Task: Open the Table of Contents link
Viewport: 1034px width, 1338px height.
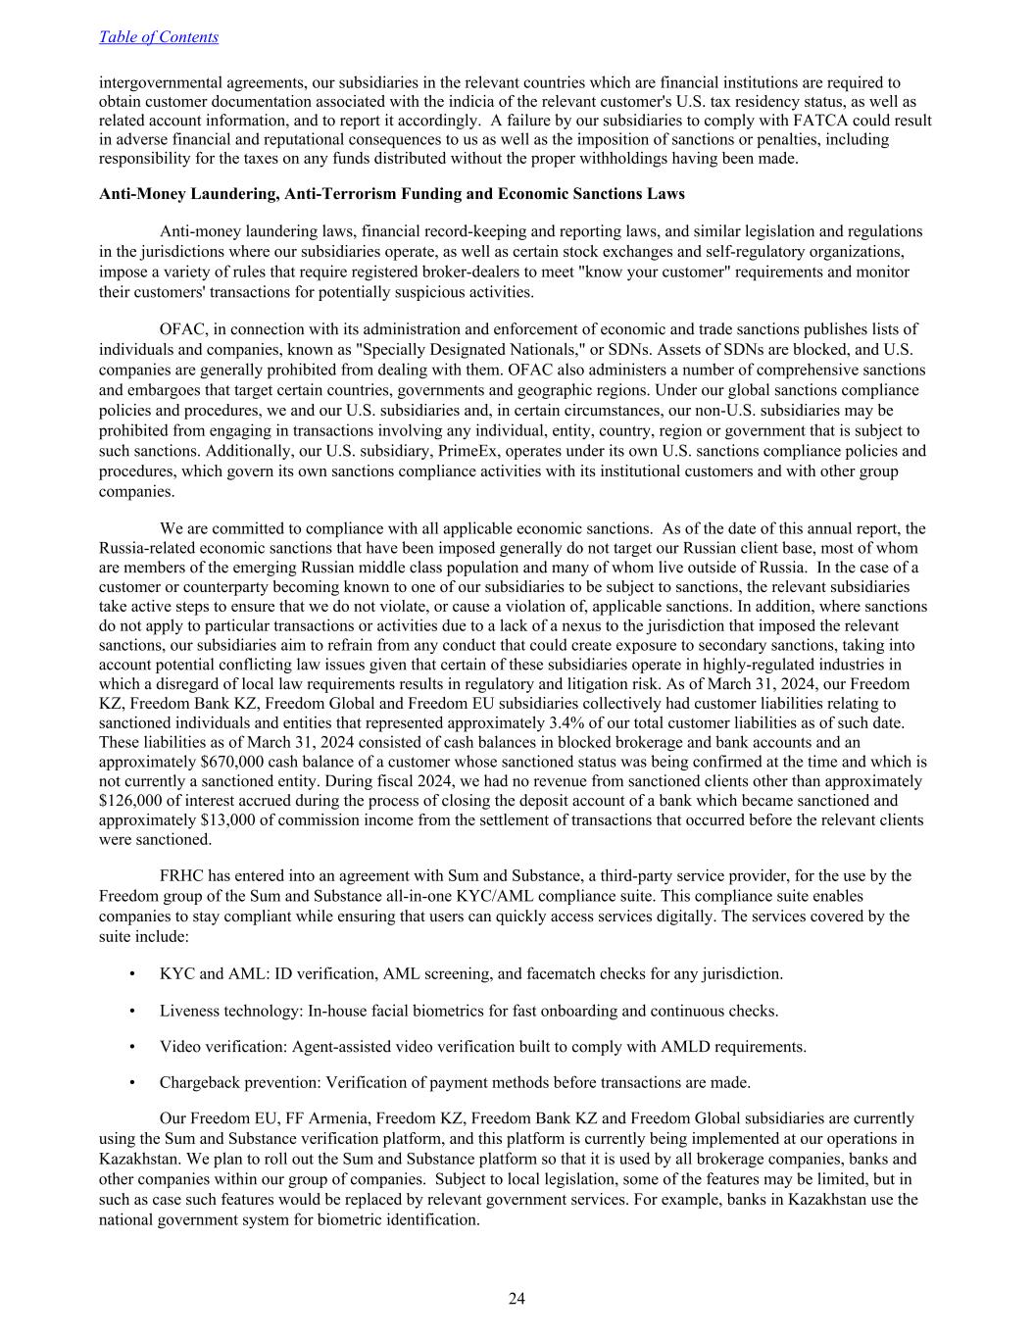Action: tap(158, 37)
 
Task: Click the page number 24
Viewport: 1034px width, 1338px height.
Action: tap(517, 1299)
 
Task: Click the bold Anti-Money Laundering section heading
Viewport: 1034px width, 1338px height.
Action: tap(391, 194)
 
